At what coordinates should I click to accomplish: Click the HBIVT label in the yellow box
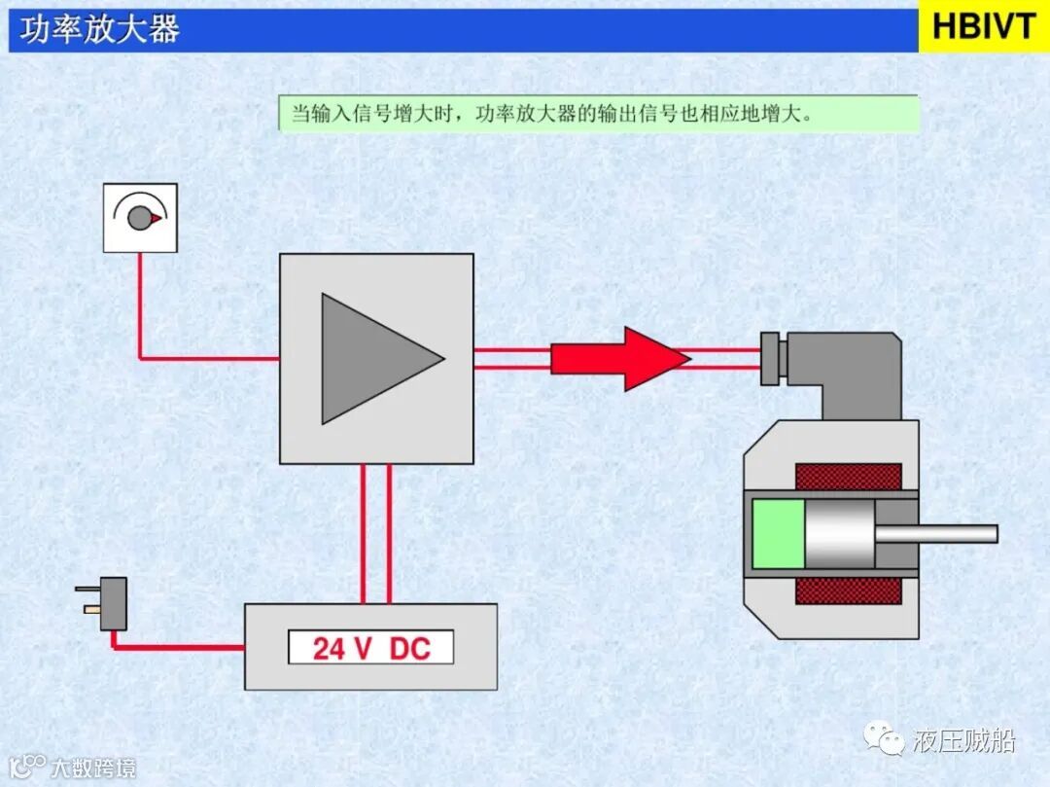[983, 27]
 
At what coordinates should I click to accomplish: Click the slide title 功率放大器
[100, 29]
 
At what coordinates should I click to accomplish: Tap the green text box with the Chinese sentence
[598, 114]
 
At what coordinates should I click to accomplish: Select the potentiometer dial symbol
[140, 217]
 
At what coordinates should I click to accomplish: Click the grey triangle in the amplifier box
[374, 359]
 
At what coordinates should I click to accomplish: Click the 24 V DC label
[370, 648]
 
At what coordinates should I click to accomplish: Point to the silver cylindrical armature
[839, 533]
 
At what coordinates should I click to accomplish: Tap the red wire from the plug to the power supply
[175, 646]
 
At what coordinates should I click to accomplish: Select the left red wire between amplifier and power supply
[363, 533]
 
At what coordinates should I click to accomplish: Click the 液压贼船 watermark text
[963, 741]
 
